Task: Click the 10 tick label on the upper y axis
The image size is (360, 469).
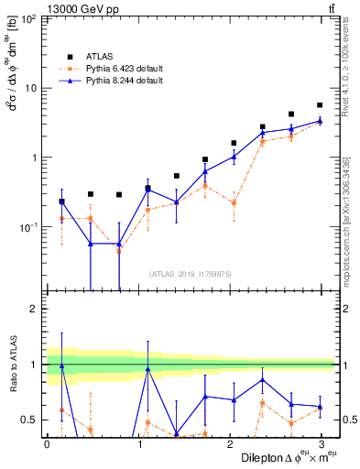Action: [x=31, y=88]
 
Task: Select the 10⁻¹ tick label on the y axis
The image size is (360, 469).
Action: [x=28, y=226]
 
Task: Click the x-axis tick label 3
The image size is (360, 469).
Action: [x=320, y=443]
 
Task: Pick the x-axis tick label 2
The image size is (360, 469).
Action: [x=229, y=443]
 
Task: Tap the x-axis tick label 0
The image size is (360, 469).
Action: [x=47, y=443]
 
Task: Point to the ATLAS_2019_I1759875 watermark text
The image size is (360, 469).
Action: [x=190, y=272]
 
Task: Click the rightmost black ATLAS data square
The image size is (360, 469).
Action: [x=320, y=105]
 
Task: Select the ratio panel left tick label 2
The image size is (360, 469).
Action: [x=34, y=309]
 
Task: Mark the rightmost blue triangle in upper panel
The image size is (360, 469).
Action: [x=320, y=120]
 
